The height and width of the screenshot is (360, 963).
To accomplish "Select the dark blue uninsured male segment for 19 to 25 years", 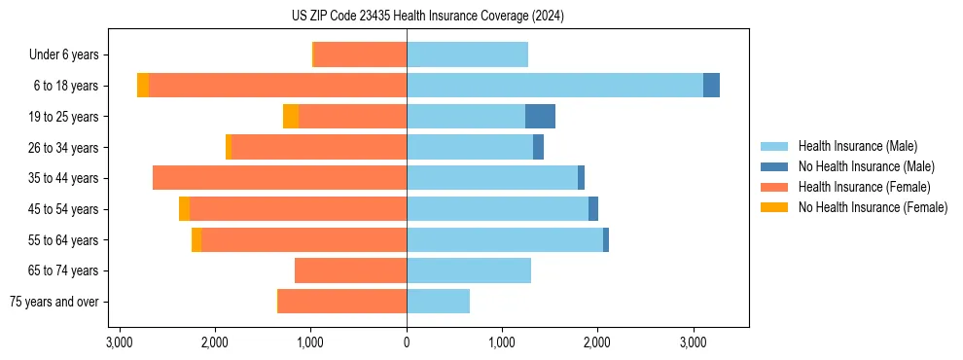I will click(x=540, y=117).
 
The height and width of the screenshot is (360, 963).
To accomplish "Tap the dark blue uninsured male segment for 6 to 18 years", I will click(x=711, y=86).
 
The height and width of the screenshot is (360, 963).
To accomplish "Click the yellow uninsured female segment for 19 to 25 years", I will click(x=291, y=117).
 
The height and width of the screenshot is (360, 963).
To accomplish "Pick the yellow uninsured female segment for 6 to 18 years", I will click(x=143, y=86).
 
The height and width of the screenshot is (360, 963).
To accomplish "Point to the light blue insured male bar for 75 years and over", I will click(x=438, y=302).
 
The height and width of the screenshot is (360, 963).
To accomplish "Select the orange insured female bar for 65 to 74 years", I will click(x=350, y=270).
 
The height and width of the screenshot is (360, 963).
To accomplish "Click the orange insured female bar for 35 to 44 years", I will click(x=279, y=178).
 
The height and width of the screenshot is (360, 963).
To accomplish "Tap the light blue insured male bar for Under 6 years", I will click(x=467, y=54).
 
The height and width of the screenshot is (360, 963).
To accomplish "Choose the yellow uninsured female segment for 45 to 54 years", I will click(x=184, y=209).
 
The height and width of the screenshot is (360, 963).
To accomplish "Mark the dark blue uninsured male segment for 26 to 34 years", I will click(x=538, y=147).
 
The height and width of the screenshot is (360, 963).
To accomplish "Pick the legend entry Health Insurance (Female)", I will click(x=863, y=187).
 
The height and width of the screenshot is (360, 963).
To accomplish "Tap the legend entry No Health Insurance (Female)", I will click(x=873, y=207).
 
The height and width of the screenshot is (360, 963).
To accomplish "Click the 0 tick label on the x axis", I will click(x=407, y=342).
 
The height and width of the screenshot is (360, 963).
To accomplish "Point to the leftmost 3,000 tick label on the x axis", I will click(x=120, y=342).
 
